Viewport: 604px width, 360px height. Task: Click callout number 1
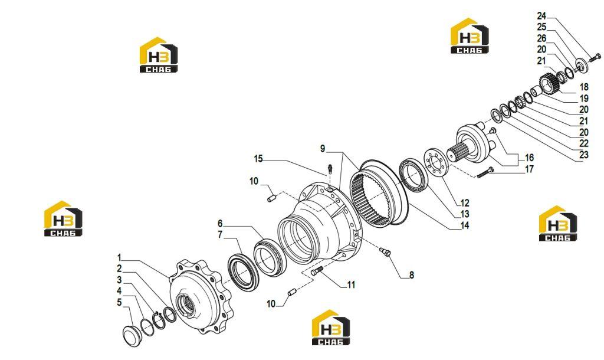119,257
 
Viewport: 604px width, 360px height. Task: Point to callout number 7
221,235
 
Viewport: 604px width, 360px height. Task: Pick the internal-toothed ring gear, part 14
379,195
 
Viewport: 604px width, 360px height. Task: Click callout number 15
258,158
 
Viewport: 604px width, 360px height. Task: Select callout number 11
351,285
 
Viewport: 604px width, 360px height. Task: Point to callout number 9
323,148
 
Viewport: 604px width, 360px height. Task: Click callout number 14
465,225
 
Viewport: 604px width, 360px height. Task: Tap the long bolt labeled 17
485,173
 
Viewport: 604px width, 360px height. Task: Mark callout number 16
529,158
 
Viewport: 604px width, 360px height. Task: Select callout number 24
541,16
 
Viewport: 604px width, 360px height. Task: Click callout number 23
584,155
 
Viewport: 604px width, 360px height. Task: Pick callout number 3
119,280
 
